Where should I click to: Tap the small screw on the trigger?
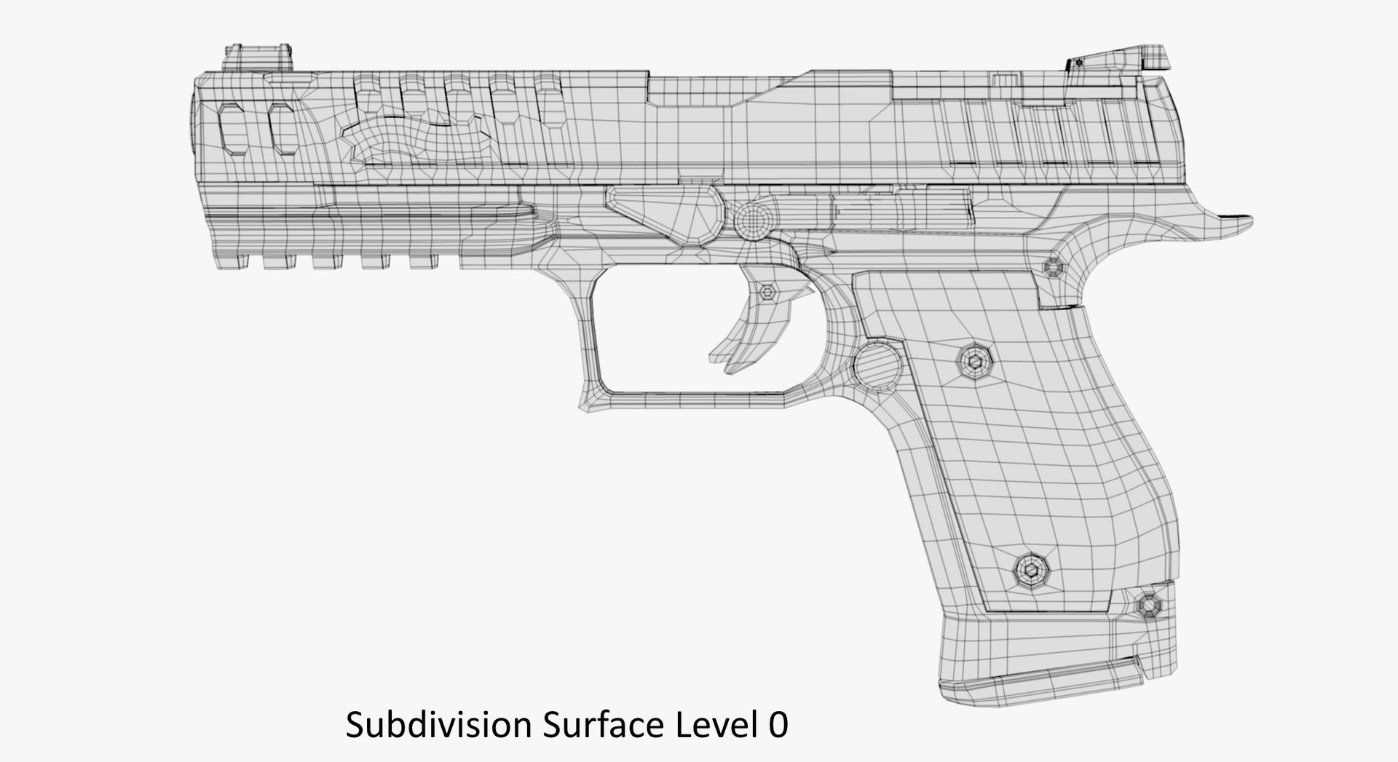pos(767,293)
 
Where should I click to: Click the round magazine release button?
pos(877,367)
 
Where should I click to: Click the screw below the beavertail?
pos(1054,268)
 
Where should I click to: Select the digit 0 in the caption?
pos(778,726)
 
